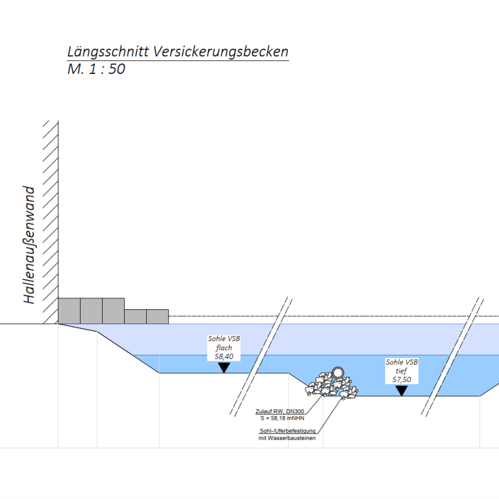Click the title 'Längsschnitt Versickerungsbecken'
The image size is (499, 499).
[x=177, y=53]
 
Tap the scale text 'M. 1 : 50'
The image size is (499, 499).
[x=96, y=69]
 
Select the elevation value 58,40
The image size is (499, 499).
[x=224, y=357]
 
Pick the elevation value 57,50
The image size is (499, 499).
[x=402, y=379]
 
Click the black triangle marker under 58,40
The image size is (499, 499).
[x=224, y=367]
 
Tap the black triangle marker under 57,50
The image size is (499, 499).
[x=402, y=390]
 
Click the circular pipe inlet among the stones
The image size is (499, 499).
[x=338, y=372]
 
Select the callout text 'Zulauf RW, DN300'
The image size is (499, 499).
[x=279, y=411]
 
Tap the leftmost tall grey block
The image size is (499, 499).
[x=69, y=311]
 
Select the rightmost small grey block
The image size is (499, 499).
[x=157, y=316]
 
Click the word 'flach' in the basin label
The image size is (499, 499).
[x=224, y=348]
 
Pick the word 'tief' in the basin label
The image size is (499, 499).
[x=402, y=371]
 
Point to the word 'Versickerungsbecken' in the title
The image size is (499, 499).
[x=220, y=53]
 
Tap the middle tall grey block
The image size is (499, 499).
[x=91, y=311]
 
